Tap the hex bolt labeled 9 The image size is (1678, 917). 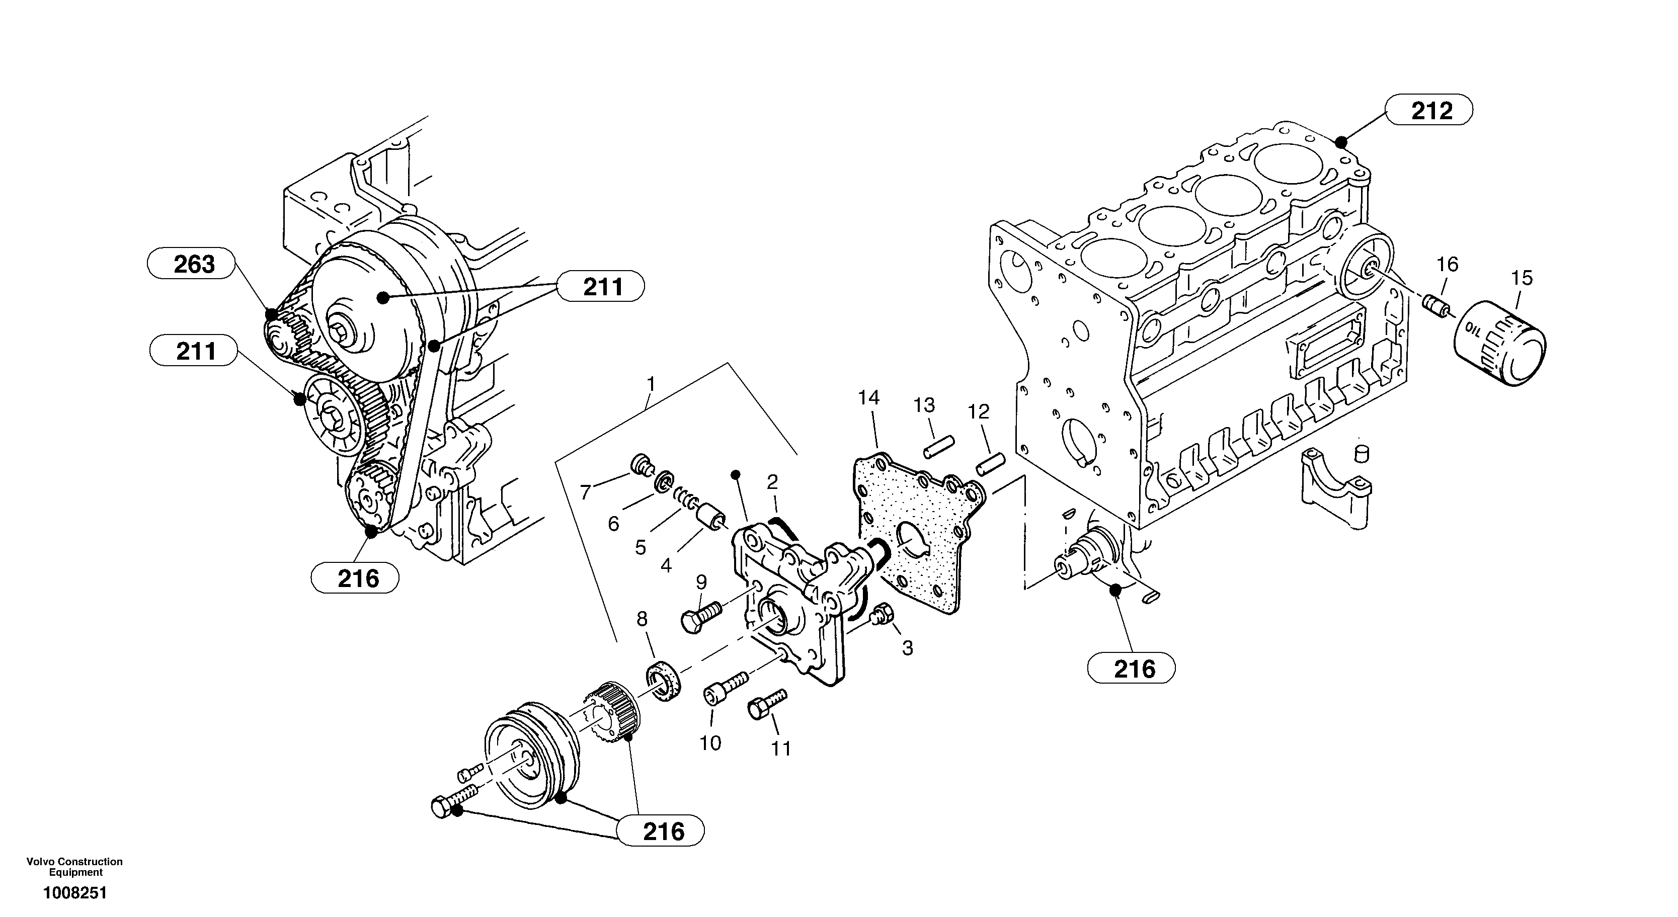pyautogui.click(x=700, y=616)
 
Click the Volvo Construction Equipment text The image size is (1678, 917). pyautogui.click(x=75, y=866)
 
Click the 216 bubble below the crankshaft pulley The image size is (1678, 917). pyautogui.click(x=661, y=830)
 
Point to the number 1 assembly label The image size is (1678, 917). pyautogui.click(x=650, y=384)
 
